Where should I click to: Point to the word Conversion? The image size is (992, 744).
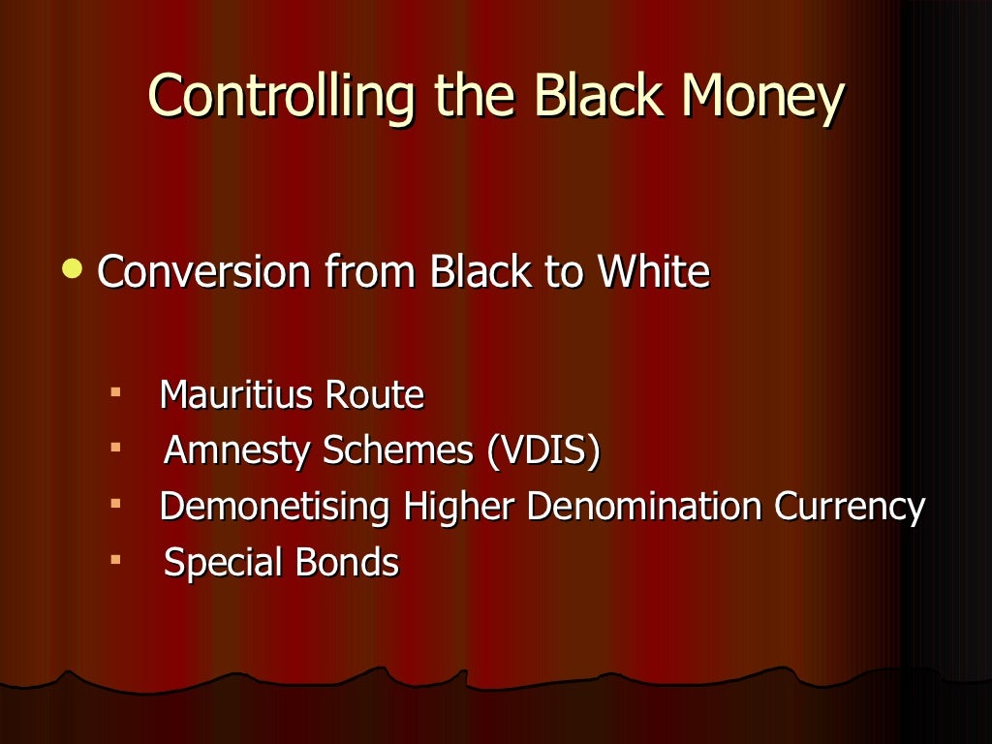coord(204,273)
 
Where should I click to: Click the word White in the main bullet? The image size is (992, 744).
coord(654,273)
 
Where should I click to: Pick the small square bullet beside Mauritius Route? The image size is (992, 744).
coord(115,392)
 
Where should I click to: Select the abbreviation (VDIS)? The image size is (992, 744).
coord(543,451)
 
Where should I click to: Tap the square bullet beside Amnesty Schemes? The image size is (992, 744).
coord(115,449)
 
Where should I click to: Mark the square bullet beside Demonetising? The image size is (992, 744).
coord(115,505)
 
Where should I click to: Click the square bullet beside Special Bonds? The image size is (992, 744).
coord(115,560)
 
